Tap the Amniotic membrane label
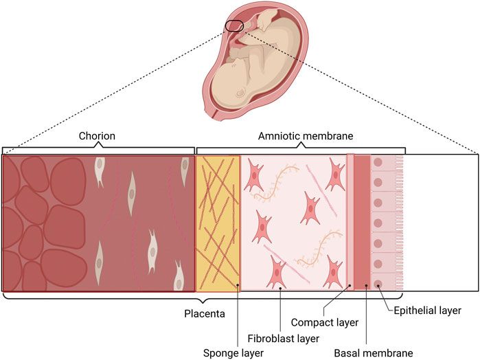pos(300,136)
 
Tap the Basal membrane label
pos(373,353)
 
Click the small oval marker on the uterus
pos(233,25)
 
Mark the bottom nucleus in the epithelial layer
pos(378,283)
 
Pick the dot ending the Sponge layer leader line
pos(237,283)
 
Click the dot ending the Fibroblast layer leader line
pos(281,289)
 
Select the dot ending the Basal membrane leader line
pos(367,284)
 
